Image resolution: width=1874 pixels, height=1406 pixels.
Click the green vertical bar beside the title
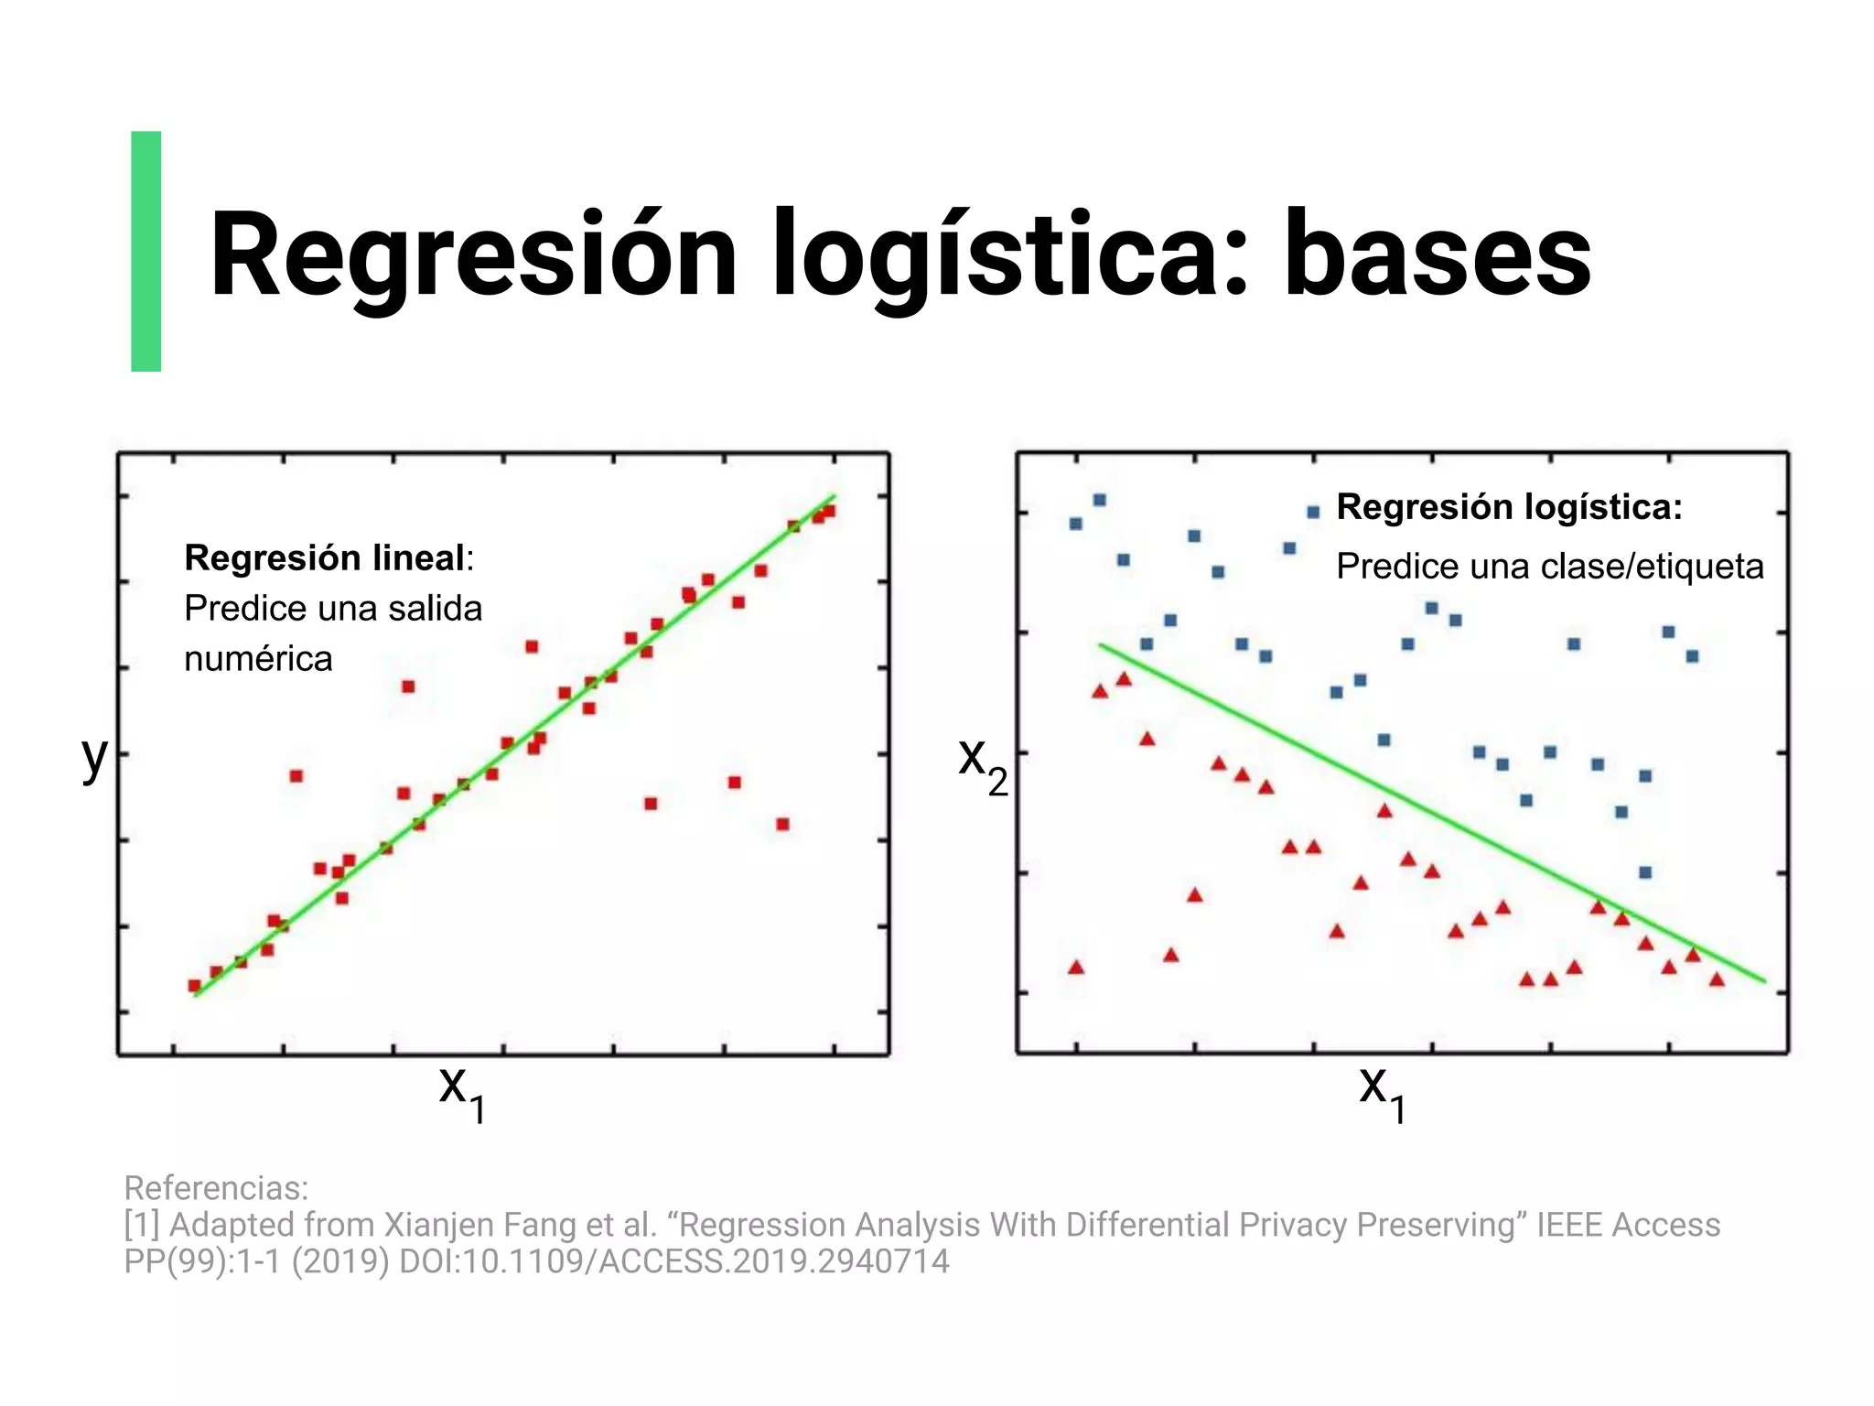pyautogui.click(x=146, y=252)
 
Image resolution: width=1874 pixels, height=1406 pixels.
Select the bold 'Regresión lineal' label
pyautogui.click(x=325, y=557)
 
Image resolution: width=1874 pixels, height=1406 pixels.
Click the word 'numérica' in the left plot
pyautogui.click(x=258, y=659)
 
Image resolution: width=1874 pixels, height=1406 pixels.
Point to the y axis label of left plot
pyautogui.click(x=94, y=757)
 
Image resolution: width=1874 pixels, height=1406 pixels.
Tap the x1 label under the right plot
pyautogui.click(x=1382, y=1091)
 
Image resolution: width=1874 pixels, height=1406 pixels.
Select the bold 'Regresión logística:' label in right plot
pyautogui.click(x=1509, y=507)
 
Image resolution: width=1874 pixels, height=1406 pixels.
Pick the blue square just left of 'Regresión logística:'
pyautogui.click(x=1313, y=513)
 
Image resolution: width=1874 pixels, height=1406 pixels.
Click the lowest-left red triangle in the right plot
pyautogui.click(x=1076, y=968)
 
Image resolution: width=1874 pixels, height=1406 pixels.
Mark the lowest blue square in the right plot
pyautogui.click(x=1645, y=872)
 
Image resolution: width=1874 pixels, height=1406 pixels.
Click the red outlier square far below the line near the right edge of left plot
pyautogui.click(x=782, y=824)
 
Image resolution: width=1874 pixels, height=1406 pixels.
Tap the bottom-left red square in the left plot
pyautogui.click(x=194, y=986)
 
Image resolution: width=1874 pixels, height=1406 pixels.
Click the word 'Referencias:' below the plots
pyautogui.click(x=216, y=1188)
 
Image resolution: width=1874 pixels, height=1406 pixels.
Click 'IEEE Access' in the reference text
pyautogui.click(x=1628, y=1225)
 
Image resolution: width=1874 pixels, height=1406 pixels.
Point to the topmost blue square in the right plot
pyautogui.click(x=1100, y=500)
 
